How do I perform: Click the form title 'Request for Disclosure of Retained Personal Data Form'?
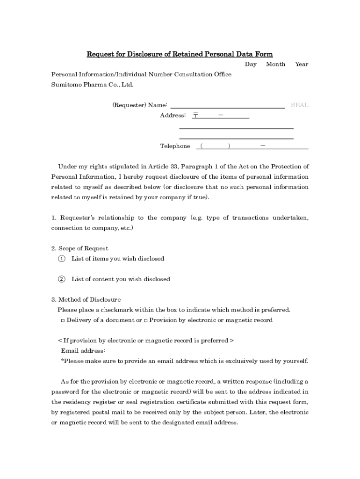pyautogui.click(x=180, y=54)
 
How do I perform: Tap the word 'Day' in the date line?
pyautogui.click(x=251, y=65)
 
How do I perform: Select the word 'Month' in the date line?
pyautogui.click(x=275, y=65)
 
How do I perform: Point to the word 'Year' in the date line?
pyautogui.click(x=302, y=65)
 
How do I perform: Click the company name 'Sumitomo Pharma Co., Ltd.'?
pyautogui.click(x=92, y=85)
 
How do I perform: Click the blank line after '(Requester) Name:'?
pyautogui.click(x=227, y=106)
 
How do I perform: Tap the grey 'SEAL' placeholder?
pyautogui.click(x=300, y=105)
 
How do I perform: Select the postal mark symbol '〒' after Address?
pyautogui.click(x=195, y=116)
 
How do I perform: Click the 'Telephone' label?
pyautogui.click(x=175, y=146)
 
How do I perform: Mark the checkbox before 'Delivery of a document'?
pyautogui.click(x=63, y=320)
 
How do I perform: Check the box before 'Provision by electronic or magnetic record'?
pyautogui.click(x=145, y=320)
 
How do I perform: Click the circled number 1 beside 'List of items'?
pyautogui.click(x=61, y=259)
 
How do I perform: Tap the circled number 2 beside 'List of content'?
pyautogui.click(x=61, y=279)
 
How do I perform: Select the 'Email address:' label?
pyautogui.click(x=83, y=351)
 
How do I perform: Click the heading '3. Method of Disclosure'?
pyautogui.click(x=86, y=300)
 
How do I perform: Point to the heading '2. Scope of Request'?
pyautogui.click(x=79, y=248)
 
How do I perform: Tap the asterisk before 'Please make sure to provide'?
pyautogui.click(x=62, y=361)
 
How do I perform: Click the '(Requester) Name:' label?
pyautogui.click(x=140, y=105)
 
